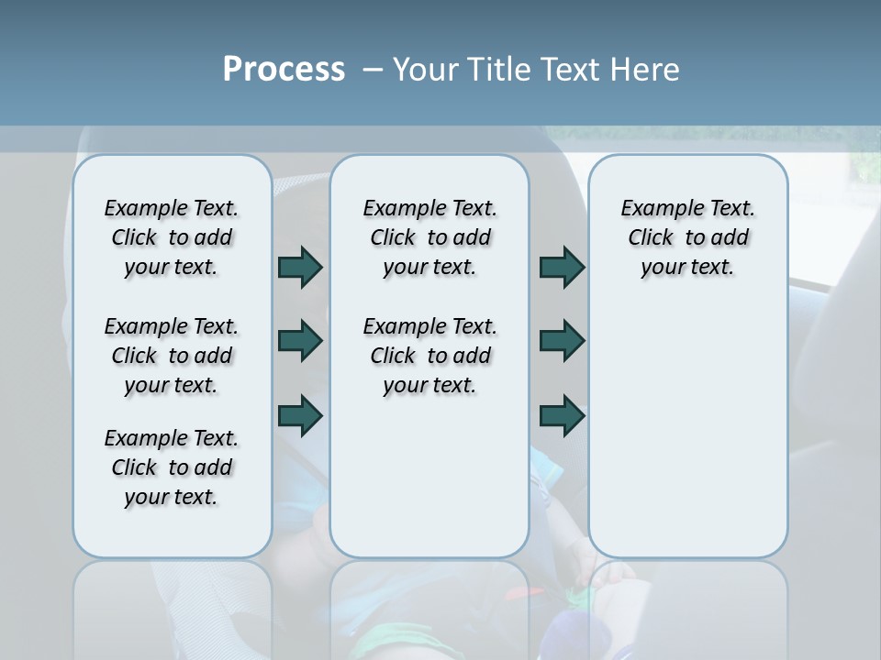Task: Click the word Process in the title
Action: [284, 69]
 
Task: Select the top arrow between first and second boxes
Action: [300, 267]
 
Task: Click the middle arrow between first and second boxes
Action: [300, 341]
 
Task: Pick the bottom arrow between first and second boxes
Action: [300, 415]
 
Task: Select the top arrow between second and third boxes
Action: [562, 267]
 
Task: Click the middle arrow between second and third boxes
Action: [562, 341]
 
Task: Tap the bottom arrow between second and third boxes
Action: [562, 415]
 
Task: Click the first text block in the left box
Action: [172, 237]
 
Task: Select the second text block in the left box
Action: [172, 356]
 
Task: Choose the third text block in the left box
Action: [172, 467]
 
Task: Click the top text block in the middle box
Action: [429, 237]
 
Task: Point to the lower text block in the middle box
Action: [429, 356]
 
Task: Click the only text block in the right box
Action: [687, 237]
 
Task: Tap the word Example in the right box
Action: [653, 209]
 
